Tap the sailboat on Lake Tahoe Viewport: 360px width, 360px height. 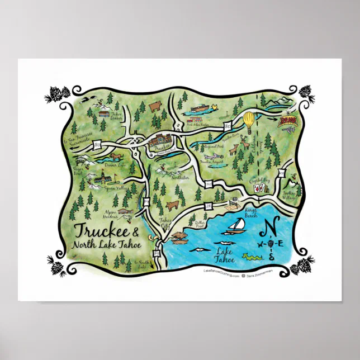click(x=235, y=226)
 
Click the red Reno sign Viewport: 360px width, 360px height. click(x=288, y=120)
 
